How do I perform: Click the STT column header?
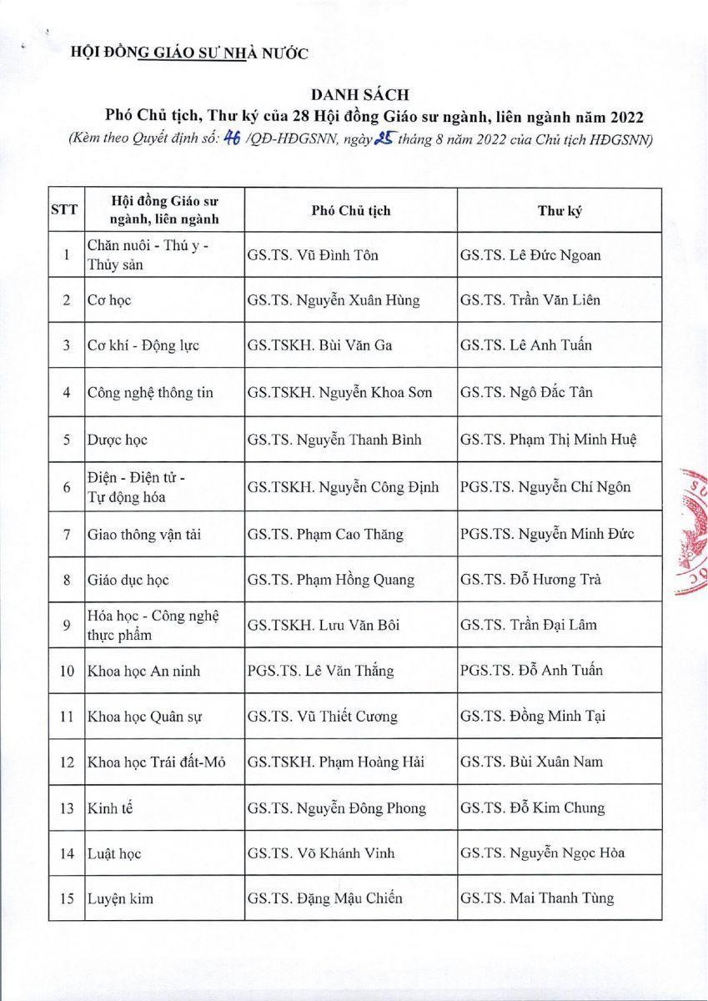pyautogui.click(x=64, y=210)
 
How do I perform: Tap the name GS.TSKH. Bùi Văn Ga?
pyautogui.click(x=314, y=345)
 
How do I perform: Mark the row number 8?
pyautogui.click(x=65, y=580)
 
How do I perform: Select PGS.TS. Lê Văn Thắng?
pyautogui.click(x=320, y=670)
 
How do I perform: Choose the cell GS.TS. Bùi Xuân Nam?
pyautogui.click(x=531, y=762)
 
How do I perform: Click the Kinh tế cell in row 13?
pyautogui.click(x=106, y=807)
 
